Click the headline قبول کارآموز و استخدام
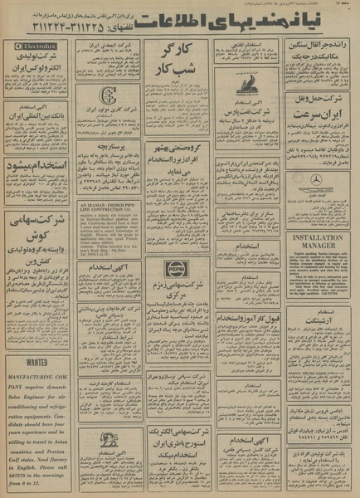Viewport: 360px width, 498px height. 246,318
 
